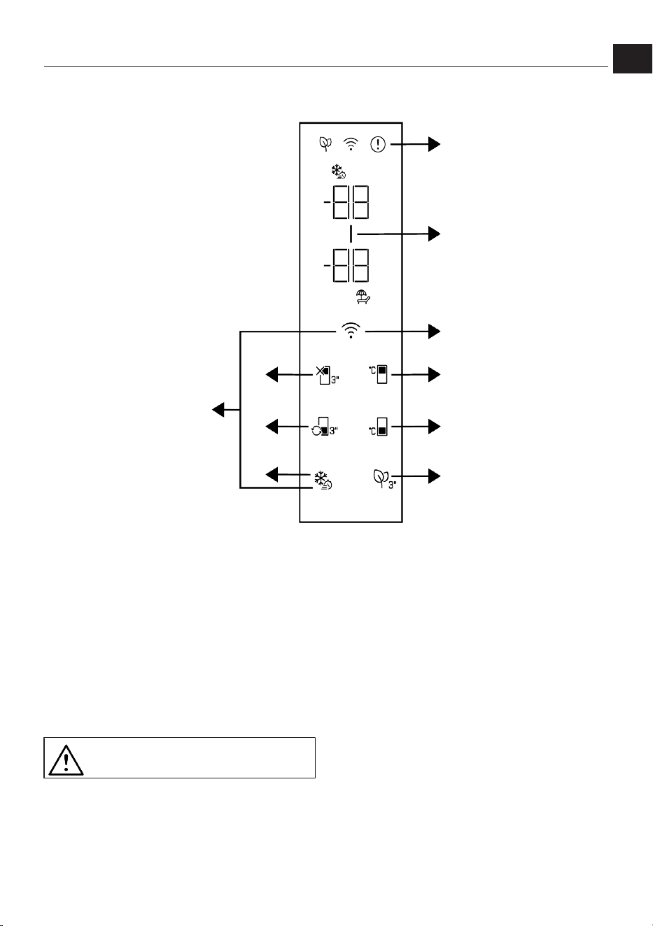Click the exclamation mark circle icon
[378, 144]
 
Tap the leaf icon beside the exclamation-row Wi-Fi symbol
[325, 144]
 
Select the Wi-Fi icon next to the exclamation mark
[351, 144]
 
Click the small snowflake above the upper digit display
[338, 171]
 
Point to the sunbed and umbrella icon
[363, 297]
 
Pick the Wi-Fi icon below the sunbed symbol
[351, 331]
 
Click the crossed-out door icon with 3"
[328, 375]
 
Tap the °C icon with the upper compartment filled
[378, 374]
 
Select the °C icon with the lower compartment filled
[378, 427]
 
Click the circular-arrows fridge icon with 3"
[325, 427]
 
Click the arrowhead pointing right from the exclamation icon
[434, 144]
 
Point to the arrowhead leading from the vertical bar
[434, 234]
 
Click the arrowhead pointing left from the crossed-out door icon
[272, 375]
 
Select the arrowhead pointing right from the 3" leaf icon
[434, 476]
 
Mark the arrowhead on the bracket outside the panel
[218, 410]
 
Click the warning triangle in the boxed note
[66, 760]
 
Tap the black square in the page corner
[632, 59]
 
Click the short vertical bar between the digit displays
[351, 234]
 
